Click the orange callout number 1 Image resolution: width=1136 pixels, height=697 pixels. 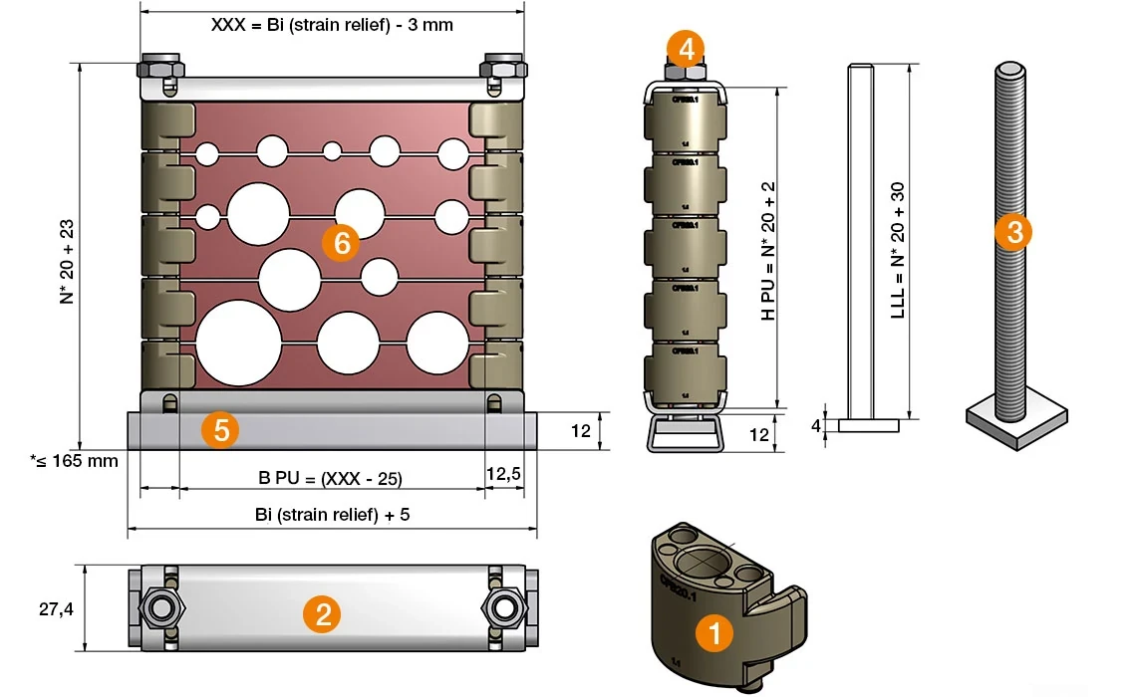713,633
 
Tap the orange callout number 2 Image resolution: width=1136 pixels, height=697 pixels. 323,613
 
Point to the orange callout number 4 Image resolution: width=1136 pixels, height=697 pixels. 686,47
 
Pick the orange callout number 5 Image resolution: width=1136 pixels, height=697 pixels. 219,430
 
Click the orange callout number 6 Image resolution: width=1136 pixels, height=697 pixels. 341,243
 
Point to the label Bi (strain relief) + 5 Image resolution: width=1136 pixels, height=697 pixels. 332,515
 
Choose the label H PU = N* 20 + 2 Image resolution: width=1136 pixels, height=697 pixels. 767,250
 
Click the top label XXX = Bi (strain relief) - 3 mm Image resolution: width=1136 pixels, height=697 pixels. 332,25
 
